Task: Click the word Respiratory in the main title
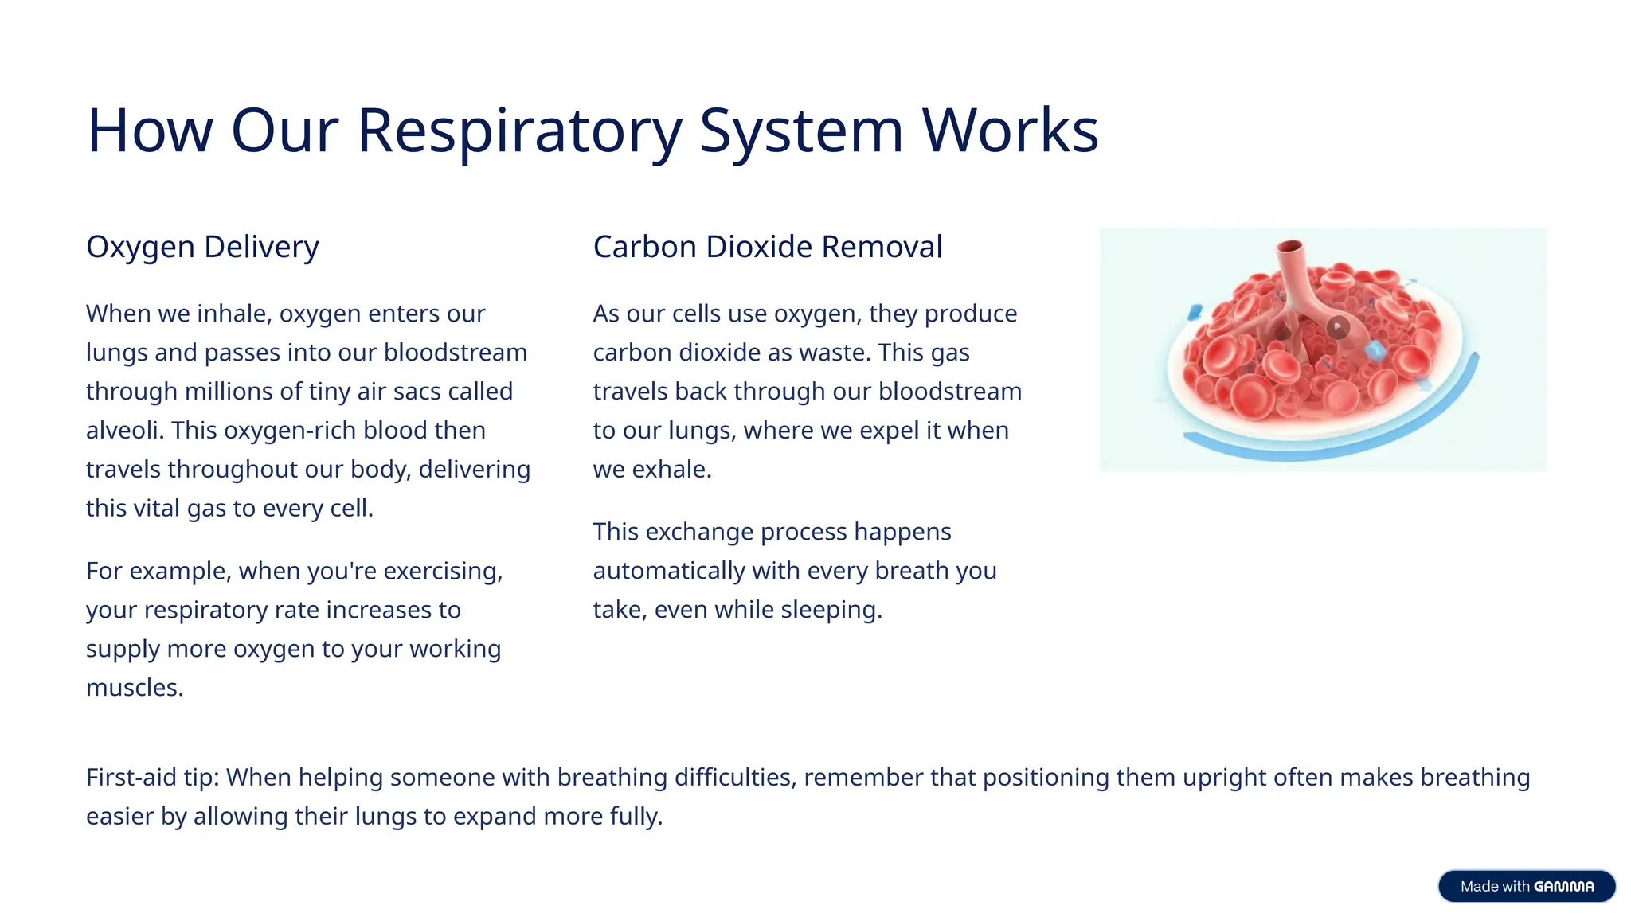[x=519, y=131]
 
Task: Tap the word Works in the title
[x=1010, y=131]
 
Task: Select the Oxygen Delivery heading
[x=202, y=247]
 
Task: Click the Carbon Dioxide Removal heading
[x=767, y=247]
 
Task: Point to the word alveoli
[x=124, y=430]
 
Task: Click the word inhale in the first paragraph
[x=234, y=314]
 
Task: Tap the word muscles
[x=134, y=688]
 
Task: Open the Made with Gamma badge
[x=1526, y=886]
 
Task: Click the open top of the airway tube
[x=1289, y=246]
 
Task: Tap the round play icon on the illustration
[x=1338, y=326]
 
